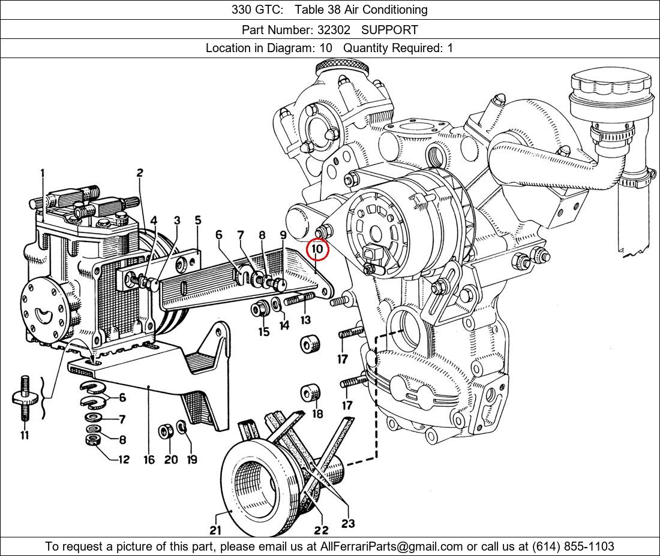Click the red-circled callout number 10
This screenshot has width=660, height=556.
point(317,249)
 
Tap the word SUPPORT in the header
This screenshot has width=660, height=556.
point(389,29)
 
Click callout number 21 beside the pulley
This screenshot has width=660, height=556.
point(215,530)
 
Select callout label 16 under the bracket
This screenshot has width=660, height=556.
point(149,460)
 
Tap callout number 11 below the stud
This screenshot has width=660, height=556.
point(25,436)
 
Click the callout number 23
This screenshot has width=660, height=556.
point(348,523)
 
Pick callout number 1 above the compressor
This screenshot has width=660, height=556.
point(43,174)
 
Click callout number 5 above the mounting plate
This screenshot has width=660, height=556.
point(198,220)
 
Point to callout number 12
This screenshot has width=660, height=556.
point(124,460)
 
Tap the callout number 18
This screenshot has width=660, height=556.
point(317,413)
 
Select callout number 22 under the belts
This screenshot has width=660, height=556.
point(321,530)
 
